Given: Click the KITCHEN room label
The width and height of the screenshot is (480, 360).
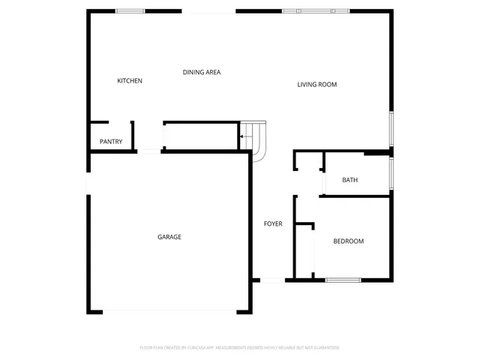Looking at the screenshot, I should [130, 81].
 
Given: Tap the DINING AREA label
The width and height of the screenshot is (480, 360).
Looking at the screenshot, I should [202, 72].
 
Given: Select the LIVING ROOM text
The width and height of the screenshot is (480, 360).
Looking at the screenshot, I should [316, 85].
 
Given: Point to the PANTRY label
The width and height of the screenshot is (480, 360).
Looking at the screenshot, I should [111, 142].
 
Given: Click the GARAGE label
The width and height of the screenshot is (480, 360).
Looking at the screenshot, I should [169, 237].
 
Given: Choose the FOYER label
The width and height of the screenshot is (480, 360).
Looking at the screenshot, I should [272, 223].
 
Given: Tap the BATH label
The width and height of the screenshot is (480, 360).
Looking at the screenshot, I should [349, 180].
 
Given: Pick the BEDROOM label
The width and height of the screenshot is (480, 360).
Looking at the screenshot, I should [348, 241].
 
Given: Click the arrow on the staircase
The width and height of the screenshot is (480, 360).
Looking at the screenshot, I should [245, 136].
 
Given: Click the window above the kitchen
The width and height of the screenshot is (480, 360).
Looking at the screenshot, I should [130, 10].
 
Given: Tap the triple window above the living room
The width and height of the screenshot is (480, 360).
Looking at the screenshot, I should [315, 10].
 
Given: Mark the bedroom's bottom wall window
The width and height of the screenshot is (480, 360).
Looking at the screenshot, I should [343, 280].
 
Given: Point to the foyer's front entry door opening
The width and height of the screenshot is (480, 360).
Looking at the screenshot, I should [272, 280].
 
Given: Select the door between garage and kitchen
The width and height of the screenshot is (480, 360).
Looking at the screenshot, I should [149, 151].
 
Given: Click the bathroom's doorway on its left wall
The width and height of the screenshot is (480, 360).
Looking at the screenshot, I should [322, 181].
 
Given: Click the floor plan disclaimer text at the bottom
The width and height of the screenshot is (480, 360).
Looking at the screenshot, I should [239, 348].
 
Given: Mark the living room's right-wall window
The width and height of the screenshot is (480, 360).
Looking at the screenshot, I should [391, 129].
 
